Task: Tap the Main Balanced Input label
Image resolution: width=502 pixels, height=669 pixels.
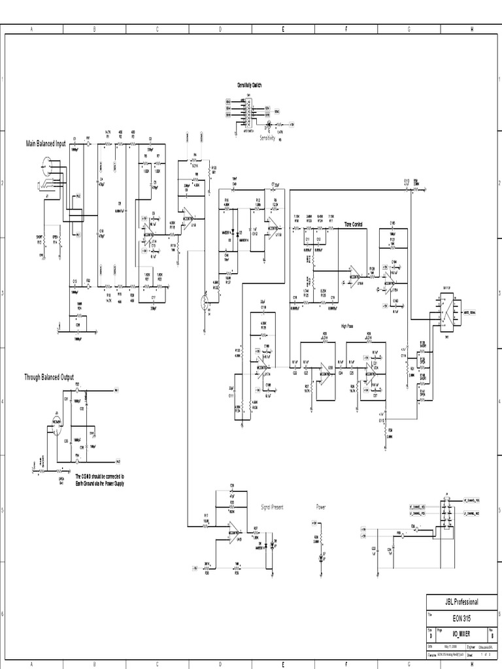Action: [45, 143]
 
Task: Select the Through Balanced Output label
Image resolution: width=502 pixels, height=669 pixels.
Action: [49, 377]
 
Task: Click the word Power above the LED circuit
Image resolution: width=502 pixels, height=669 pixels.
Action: [321, 506]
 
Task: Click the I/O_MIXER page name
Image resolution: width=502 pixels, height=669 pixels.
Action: [461, 634]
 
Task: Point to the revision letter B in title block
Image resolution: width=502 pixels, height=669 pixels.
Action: [491, 634]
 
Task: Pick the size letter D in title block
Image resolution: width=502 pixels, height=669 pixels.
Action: [430, 634]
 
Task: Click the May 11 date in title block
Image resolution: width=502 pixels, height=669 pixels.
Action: [448, 645]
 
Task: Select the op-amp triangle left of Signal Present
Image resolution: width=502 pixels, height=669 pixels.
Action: [233, 528]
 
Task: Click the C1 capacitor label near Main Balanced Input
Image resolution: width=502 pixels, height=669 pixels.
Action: [75, 139]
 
